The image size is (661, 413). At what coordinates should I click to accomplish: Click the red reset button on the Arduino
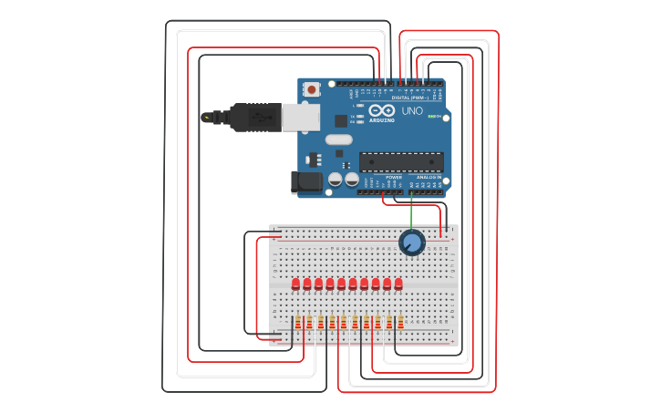tap(312, 89)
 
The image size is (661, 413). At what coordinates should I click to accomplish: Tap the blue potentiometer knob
tap(411, 243)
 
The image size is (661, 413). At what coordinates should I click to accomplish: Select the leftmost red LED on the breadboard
tap(296, 284)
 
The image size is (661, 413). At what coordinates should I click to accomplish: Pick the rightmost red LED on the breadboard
tap(398, 284)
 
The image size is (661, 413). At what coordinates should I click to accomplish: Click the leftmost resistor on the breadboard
tap(298, 322)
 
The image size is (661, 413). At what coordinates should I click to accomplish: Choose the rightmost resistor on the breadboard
tap(400, 322)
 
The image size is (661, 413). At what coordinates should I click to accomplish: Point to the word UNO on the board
tap(412, 111)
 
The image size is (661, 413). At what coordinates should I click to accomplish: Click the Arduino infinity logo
tap(382, 111)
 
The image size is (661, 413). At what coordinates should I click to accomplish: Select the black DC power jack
tap(306, 181)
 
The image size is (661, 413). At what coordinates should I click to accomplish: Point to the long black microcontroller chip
tap(401, 162)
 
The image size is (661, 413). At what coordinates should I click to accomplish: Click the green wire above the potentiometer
tap(411, 215)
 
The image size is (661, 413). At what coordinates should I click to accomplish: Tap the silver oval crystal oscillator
tap(337, 139)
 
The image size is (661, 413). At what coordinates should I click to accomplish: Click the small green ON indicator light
tap(430, 117)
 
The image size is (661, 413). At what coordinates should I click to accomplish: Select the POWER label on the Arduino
tap(393, 177)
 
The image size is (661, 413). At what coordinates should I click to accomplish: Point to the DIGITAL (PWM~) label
tap(408, 97)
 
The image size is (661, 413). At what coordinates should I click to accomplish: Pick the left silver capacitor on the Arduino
tap(336, 181)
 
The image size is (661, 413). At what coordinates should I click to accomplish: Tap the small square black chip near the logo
tap(341, 119)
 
